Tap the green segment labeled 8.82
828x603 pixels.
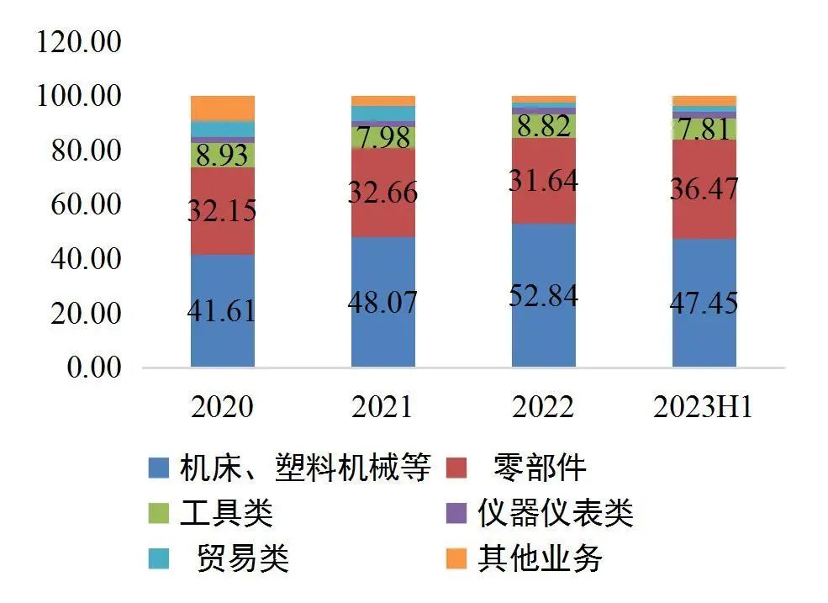(544, 126)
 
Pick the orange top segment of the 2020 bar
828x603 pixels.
(223, 108)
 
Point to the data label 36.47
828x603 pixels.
(704, 188)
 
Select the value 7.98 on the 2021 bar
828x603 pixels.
(383, 137)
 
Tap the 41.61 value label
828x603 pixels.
(223, 311)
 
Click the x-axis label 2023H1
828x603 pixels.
(703, 407)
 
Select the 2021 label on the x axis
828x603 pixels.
(382, 407)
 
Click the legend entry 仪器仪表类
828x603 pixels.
(555, 513)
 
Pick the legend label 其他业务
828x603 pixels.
(541, 558)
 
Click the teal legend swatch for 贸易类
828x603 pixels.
(156, 558)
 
